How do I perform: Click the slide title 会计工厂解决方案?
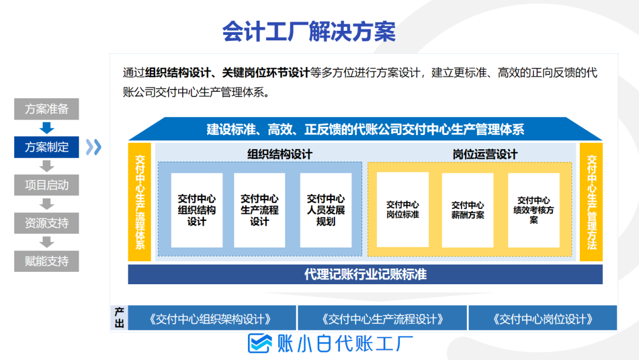(x=309, y=31)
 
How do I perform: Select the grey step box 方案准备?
(x=47, y=109)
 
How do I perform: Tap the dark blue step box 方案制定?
(x=47, y=147)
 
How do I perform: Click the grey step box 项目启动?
(x=47, y=185)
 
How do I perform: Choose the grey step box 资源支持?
(x=47, y=223)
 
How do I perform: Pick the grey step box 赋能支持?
(x=47, y=261)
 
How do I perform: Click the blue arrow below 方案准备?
(x=47, y=128)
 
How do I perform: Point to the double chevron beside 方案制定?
(x=93, y=147)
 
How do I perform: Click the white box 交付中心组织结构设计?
(x=197, y=210)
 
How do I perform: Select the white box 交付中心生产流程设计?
(x=260, y=210)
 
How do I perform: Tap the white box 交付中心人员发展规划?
(x=325, y=210)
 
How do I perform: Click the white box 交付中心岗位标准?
(x=403, y=210)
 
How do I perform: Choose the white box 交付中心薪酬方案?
(x=468, y=210)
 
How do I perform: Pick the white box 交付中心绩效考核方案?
(x=534, y=210)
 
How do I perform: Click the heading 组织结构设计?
(x=280, y=154)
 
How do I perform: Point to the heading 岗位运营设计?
(x=485, y=154)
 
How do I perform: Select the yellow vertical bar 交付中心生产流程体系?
(x=140, y=202)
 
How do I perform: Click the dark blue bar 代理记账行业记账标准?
(x=365, y=274)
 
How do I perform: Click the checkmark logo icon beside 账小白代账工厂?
(x=260, y=343)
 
